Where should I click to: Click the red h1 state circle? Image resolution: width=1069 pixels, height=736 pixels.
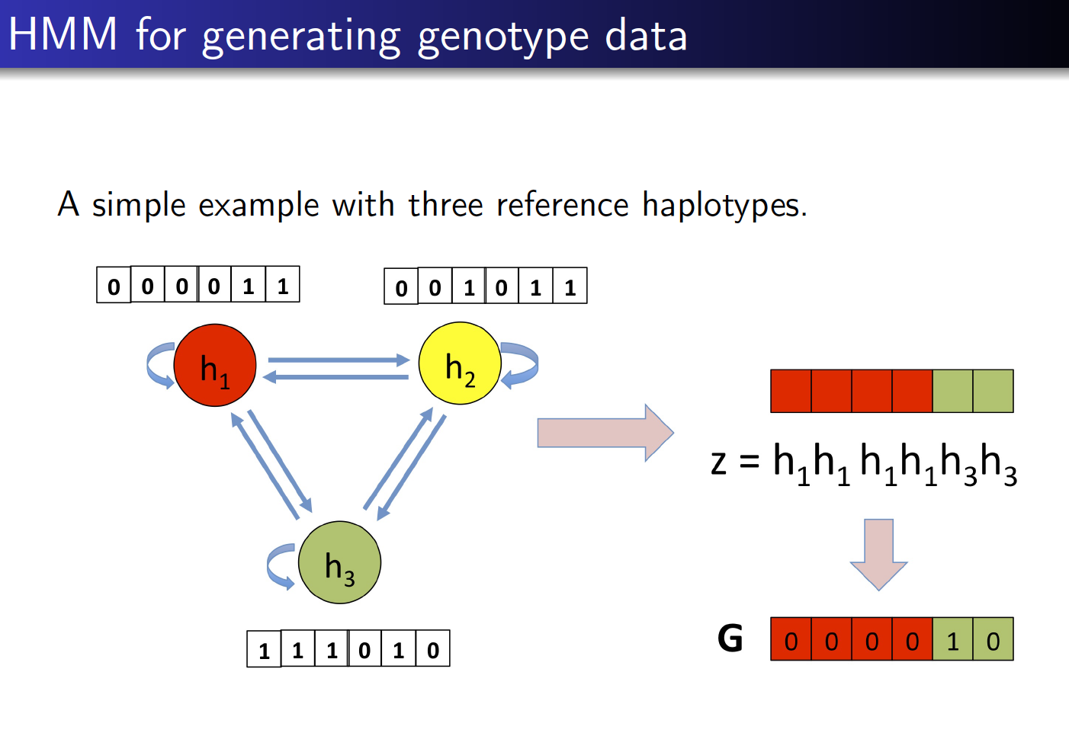click(x=215, y=365)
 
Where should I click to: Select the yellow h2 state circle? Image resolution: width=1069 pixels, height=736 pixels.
click(x=460, y=363)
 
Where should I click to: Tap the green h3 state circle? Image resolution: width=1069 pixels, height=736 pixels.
click(x=339, y=563)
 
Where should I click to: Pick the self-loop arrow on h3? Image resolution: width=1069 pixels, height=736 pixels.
click(x=280, y=566)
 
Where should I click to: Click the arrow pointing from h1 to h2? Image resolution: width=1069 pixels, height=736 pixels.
click(x=339, y=360)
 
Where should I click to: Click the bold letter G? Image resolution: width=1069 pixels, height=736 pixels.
click(x=730, y=638)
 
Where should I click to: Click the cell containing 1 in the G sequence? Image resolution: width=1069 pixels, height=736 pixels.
click(x=952, y=639)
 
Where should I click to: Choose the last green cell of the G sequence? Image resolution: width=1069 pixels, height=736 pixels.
click(x=993, y=639)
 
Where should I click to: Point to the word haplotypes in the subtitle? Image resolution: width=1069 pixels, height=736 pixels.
click(x=724, y=205)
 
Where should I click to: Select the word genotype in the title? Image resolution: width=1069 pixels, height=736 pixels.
click(x=503, y=37)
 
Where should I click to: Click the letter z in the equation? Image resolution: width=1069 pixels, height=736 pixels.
click(x=718, y=462)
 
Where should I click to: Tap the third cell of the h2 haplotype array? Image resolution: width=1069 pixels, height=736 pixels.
click(x=468, y=286)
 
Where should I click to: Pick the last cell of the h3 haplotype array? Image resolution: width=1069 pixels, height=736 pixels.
click(x=432, y=649)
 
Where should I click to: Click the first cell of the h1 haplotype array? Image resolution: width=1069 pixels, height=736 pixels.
click(x=114, y=286)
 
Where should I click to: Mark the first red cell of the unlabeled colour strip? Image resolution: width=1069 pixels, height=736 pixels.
click(x=791, y=391)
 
